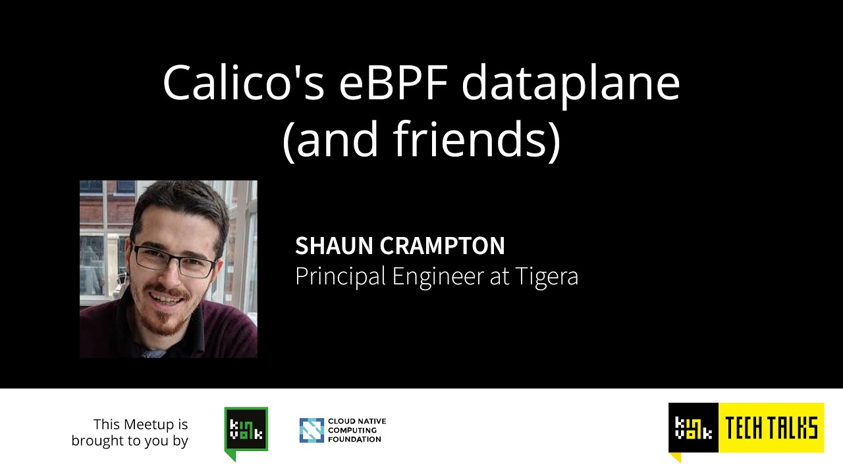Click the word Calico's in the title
(x=243, y=84)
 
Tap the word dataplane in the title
(x=570, y=84)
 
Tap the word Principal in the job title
(x=340, y=276)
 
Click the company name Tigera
(x=545, y=276)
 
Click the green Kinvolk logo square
(x=246, y=429)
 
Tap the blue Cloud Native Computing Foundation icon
(x=312, y=430)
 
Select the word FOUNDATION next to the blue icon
(x=354, y=439)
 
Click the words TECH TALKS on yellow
(x=771, y=428)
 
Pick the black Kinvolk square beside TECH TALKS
(x=693, y=428)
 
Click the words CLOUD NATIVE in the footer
(x=362, y=421)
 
